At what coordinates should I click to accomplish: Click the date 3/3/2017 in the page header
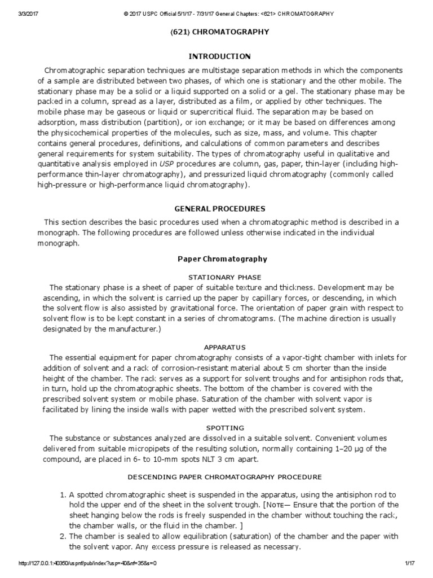point(14,13)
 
